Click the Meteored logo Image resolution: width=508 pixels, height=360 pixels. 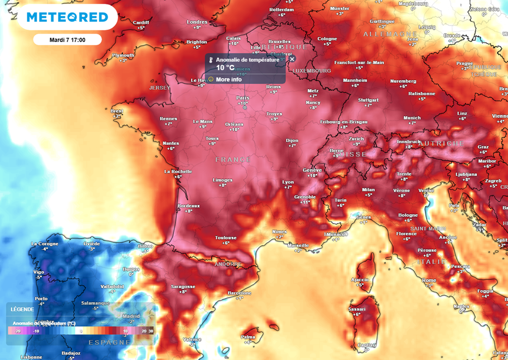(67, 17)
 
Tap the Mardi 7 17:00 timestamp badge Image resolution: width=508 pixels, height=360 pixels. (67, 40)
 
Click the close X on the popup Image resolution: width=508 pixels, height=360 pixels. (292, 59)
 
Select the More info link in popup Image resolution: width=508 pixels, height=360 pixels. (229, 79)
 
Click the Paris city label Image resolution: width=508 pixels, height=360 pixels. (243, 98)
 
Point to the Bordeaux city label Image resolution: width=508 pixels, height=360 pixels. (189, 206)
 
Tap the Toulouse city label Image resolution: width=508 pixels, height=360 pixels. (226, 238)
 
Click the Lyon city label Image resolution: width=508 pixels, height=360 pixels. (288, 182)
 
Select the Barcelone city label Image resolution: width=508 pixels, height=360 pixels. (240, 293)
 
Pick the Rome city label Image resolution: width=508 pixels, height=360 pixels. (429, 280)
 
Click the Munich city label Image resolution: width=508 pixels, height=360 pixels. (412, 118)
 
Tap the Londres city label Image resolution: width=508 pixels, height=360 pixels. (197, 22)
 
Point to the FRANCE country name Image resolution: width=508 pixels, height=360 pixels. (233, 160)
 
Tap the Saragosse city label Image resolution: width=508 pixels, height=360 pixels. (183, 287)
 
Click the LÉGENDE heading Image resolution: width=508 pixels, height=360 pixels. (22, 309)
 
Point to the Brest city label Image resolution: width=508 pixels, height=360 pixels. (117, 111)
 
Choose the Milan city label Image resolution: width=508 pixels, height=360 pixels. (368, 189)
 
